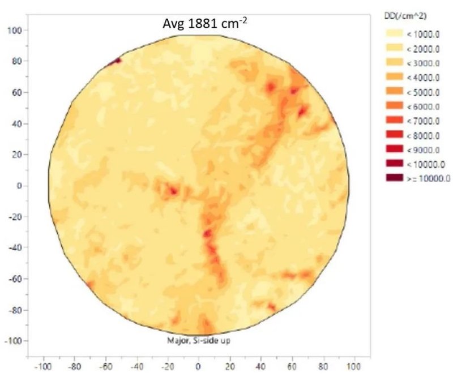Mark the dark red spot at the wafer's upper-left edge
click(x=118, y=60)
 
